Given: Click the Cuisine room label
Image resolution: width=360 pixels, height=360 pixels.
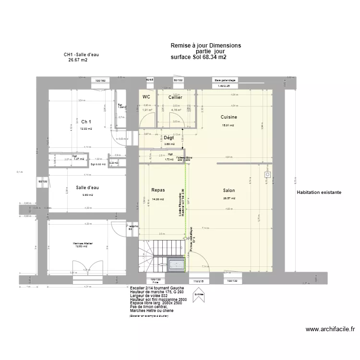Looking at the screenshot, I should click(x=228, y=117).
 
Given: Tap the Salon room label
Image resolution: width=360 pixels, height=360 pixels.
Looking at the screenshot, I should click(x=228, y=191).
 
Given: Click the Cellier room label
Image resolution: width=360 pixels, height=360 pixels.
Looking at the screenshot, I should click(x=175, y=97).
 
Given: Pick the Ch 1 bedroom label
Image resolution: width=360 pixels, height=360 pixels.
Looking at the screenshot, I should click(x=86, y=121).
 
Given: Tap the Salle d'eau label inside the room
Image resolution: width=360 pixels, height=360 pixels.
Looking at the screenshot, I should click(x=87, y=188).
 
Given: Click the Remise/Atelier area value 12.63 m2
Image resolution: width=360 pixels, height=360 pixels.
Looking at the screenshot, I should click(x=83, y=247).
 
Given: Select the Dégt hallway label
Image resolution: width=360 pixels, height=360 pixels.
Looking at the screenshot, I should click(x=168, y=138).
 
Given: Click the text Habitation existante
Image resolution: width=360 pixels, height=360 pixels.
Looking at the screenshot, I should click(x=319, y=192).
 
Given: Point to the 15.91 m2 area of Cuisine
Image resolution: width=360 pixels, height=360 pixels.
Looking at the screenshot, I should click(x=228, y=126).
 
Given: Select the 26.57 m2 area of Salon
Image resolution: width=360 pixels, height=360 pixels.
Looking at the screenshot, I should click(x=229, y=198).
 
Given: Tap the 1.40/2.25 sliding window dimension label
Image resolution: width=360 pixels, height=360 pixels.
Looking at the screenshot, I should click(x=224, y=86).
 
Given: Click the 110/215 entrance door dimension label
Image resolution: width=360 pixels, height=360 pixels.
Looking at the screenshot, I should click(x=198, y=281).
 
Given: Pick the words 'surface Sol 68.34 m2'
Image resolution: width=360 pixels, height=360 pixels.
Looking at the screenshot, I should click(x=198, y=57).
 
